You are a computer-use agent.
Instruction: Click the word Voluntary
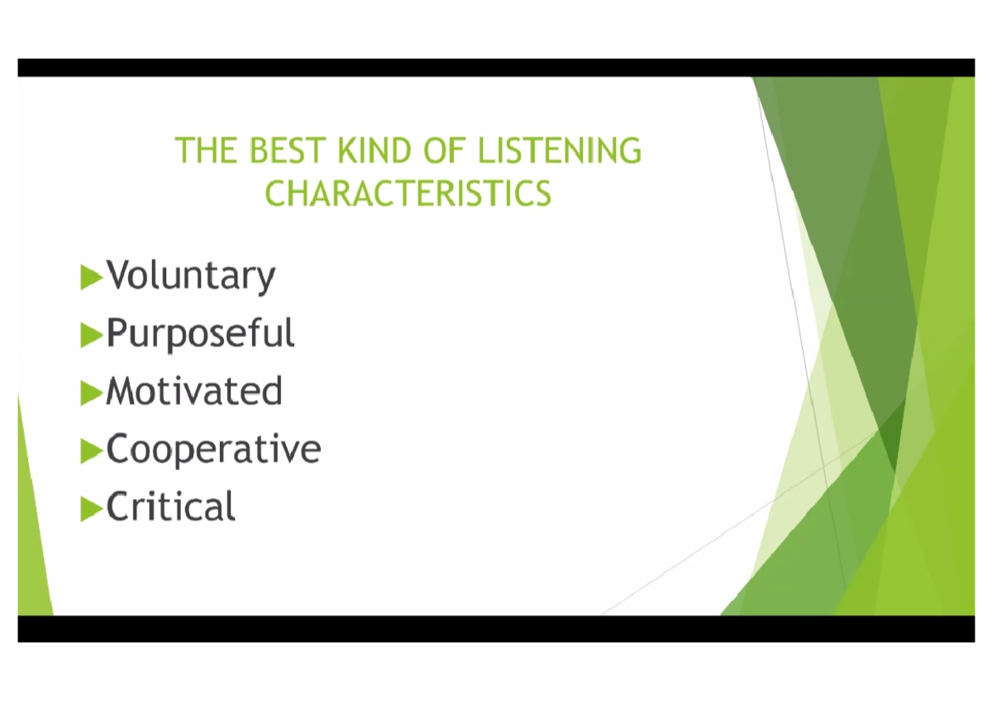coord(191,276)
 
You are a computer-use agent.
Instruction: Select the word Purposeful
coord(200,334)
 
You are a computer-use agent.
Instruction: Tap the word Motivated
coord(194,391)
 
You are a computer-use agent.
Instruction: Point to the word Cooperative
coord(213,450)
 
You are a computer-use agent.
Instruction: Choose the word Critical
coord(170,507)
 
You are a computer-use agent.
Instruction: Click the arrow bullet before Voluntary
coord(91,276)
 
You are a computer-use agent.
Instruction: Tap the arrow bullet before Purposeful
coord(91,334)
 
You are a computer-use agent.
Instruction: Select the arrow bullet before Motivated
coord(91,392)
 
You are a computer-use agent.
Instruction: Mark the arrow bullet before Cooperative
coord(91,451)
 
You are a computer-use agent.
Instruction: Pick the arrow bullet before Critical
coord(91,508)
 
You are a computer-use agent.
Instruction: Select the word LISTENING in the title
coord(560,151)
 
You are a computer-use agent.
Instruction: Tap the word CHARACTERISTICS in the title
coord(408,193)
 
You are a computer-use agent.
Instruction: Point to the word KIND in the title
coord(375,151)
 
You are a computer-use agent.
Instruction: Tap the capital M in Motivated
coord(122,391)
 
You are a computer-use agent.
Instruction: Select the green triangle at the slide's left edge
coord(31,529)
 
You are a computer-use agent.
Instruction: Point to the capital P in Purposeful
coord(117,333)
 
